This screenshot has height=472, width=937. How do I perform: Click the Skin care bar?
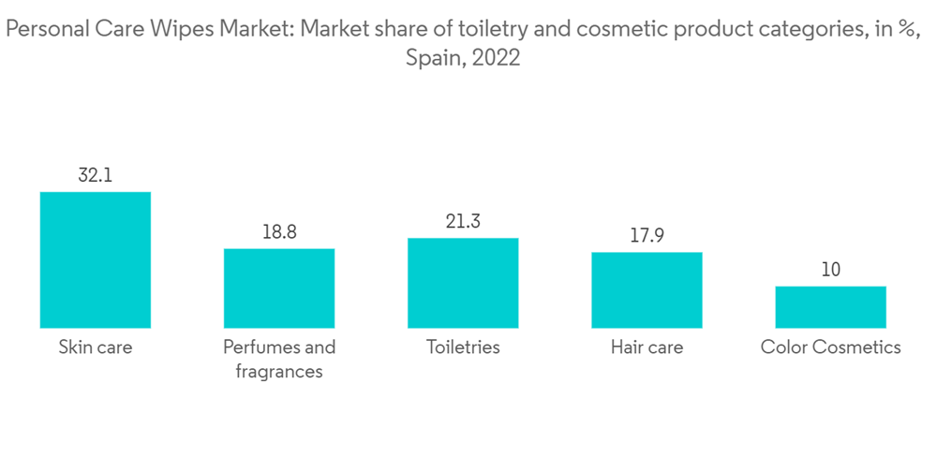(95, 259)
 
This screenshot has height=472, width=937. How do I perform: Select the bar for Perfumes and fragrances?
(278, 288)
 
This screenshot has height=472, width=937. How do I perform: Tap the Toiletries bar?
(463, 282)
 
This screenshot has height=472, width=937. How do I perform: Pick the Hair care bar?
(647, 289)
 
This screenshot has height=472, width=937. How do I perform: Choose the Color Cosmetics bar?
(830, 306)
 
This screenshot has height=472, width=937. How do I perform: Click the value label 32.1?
(95, 175)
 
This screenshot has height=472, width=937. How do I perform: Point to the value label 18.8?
(278, 231)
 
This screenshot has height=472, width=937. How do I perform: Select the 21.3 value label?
(463, 221)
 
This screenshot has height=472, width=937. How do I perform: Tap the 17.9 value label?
(647, 235)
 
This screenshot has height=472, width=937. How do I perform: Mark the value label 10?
(830, 270)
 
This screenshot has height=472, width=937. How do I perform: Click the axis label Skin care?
(95, 347)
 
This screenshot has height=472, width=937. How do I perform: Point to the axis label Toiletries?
(463, 347)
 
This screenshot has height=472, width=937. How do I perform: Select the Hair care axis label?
(647, 347)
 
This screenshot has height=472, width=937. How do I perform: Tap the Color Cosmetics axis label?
(830, 347)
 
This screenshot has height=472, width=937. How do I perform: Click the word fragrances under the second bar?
(278, 372)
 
